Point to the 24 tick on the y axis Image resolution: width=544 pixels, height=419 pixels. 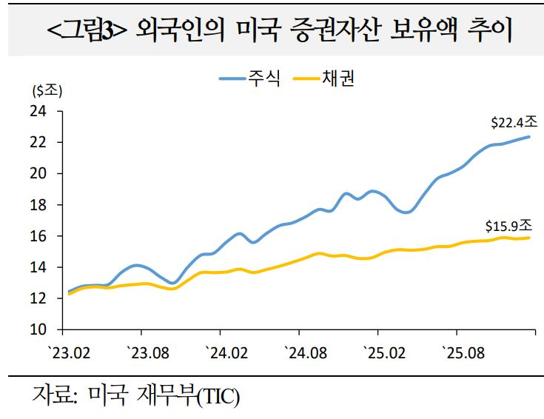38,111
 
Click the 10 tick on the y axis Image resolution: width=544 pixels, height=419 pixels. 38,329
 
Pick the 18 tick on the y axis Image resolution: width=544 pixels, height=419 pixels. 38,205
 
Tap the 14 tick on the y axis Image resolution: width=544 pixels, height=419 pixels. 38,267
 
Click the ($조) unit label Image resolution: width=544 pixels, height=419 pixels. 48,92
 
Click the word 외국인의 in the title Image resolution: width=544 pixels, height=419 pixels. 177,33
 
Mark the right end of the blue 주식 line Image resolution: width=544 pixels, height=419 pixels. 529,136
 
